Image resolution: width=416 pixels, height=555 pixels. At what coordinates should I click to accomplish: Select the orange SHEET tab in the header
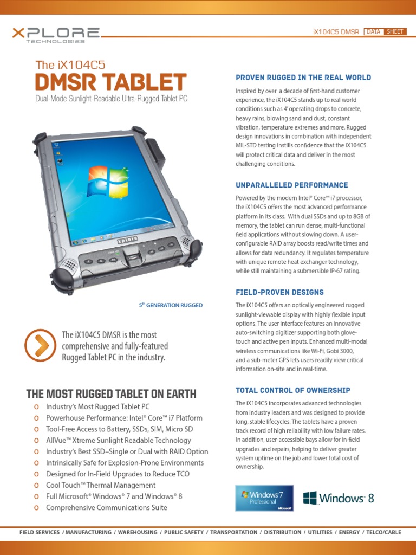pos(394,31)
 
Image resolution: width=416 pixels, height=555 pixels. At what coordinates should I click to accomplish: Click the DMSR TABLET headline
pos(110,82)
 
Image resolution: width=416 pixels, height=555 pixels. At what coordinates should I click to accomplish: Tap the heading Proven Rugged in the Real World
pos(303,78)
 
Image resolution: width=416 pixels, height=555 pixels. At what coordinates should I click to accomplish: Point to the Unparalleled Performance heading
pos(291,185)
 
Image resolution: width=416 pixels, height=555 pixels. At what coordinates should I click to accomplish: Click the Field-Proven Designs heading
pos(279,292)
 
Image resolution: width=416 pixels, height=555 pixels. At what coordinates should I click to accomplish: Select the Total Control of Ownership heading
pos(292,390)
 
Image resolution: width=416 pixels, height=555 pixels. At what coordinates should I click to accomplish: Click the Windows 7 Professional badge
pos(264,498)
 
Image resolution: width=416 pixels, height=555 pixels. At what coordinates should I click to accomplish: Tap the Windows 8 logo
pos(339,498)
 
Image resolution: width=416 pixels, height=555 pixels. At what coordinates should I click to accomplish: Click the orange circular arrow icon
pos(40,345)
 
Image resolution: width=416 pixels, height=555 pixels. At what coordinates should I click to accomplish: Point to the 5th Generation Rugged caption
pos(171,305)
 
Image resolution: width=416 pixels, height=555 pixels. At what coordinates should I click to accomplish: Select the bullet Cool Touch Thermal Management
pos(101,485)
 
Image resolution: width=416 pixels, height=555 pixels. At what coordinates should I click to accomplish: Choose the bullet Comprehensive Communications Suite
pos(107,508)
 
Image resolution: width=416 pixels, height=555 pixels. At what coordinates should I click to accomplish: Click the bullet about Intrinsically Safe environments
pos(125,463)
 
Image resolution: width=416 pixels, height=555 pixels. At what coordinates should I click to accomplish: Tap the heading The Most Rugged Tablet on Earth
pos(111,393)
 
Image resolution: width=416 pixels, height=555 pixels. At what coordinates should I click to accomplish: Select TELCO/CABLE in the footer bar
pos(383,532)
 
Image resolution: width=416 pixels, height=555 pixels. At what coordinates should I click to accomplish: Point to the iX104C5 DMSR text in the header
pos(336,32)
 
